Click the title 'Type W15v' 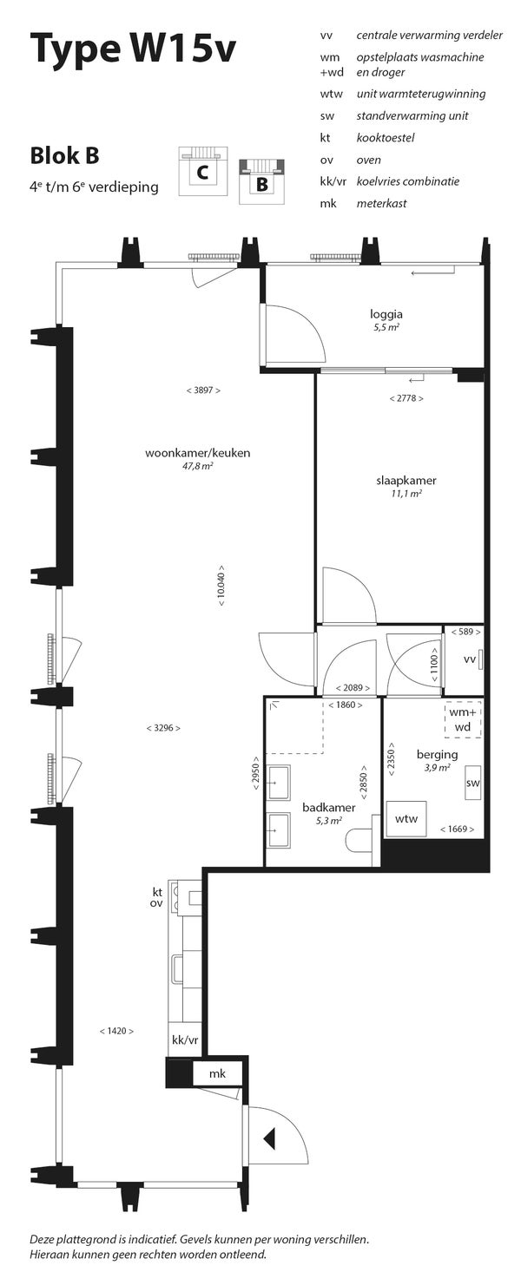(x=132, y=49)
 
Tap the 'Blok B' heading (x=64, y=156)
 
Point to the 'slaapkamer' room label (x=406, y=481)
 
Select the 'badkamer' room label (x=322, y=807)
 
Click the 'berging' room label (x=437, y=754)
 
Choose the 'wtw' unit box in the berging (x=406, y=819)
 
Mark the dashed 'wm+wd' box (x=462, y=719)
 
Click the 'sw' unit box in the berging (x=473, y=784)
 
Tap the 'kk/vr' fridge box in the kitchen (x=185, y=1040)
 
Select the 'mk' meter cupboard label (x=217, y=1074)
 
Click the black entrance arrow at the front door (x=269, y=1137)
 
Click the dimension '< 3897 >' (x=202, y=390)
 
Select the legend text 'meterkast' (x=381, y=204)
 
